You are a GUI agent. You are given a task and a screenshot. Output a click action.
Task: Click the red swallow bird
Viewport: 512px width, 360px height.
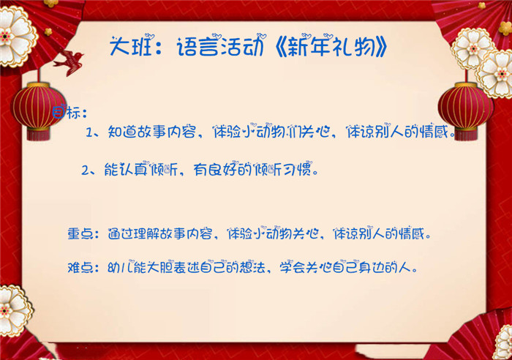pyautogui.click(x=69, y=62)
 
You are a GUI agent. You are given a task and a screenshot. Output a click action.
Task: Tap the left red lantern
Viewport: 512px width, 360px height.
pyautogui.click(x=39, y=105)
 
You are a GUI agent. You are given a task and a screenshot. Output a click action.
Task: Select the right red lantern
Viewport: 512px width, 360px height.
pyautogui.click(x=466, y=107)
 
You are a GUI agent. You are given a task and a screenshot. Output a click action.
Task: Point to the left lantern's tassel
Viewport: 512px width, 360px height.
pyautogui.click(x=39, y=134)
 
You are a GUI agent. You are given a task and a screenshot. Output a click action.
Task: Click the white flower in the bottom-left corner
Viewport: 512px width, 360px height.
pyautogui.click(x=14, y=310)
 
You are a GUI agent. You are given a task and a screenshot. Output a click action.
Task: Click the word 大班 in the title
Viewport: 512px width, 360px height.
pyautogui.click(x=131, y=46)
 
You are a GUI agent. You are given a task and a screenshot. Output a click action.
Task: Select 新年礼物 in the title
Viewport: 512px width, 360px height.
pyautogui.click(x=332, y=46)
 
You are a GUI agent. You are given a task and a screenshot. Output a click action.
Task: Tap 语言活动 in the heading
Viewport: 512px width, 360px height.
pyautogui.click(x=220, y=46)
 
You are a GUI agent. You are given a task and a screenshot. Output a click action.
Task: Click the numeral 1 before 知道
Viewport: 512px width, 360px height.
pyautogui.click(x=89, y=132)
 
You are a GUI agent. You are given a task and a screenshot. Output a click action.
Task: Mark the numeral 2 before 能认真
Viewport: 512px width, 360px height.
pyautogui.click(x=86, y=170)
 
